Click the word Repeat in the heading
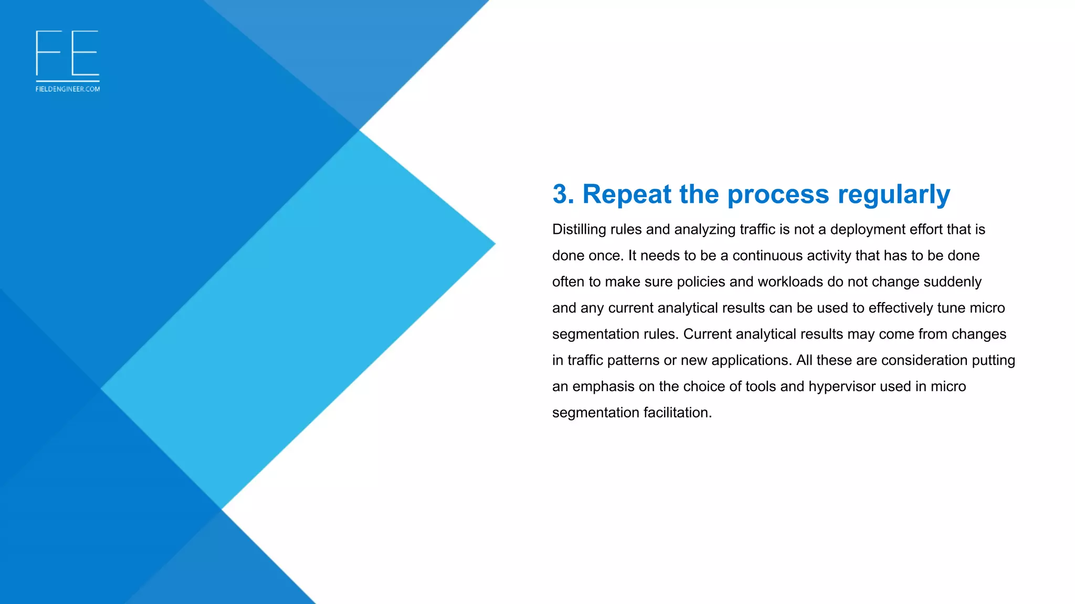627,195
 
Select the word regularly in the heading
893,195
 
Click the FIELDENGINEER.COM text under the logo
68,89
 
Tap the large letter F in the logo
48,53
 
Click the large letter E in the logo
85,53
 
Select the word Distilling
579,230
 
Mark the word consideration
924,361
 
